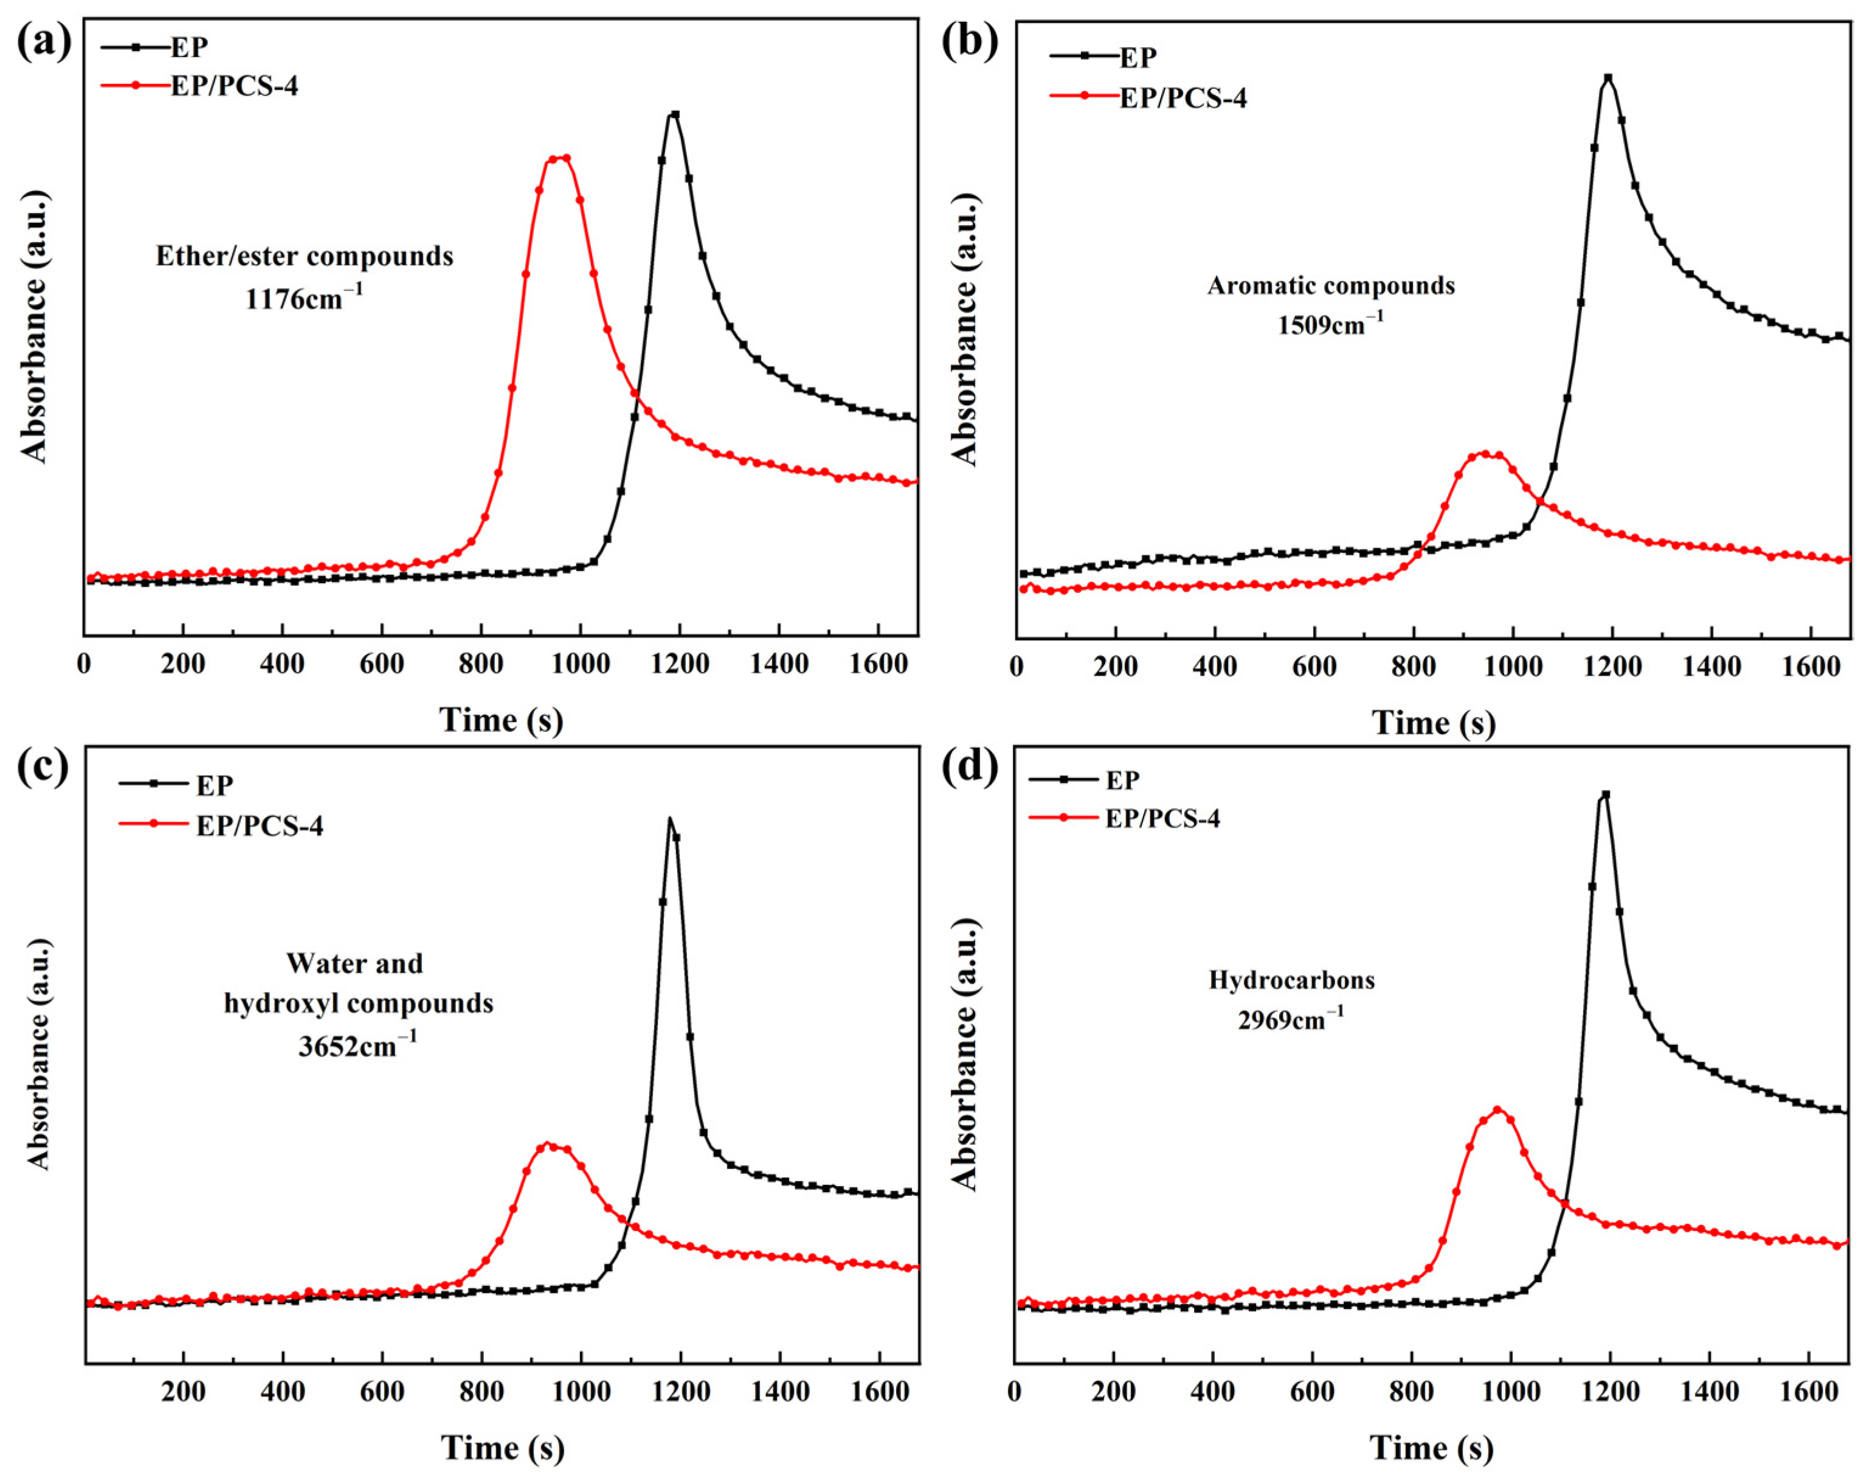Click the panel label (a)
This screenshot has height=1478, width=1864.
[x=43, y=41]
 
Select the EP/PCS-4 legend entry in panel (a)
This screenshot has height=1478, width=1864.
[x=233, y=86]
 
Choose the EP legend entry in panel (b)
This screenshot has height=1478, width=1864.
[x=1137, y=57]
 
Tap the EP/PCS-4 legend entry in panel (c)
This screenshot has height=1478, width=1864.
[x=260, y=826]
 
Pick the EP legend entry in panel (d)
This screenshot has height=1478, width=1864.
[x=1122, y=780]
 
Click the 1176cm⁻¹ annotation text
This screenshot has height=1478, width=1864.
[x=305, y=299]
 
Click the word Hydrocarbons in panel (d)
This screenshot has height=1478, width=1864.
[x=1292, y=980]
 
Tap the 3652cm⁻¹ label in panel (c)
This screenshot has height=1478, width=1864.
[x=358, y=1046]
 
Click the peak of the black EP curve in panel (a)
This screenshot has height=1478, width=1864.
[x=674, y=114]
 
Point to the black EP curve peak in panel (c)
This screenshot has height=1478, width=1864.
[x=669, y=818]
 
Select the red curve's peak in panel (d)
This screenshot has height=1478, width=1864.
[x=1497, y=1109]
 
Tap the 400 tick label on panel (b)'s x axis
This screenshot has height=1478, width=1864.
[x=1215, y=667]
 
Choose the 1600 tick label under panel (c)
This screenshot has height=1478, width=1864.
[x=879, y=1392]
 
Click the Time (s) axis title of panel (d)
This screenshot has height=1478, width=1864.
[x=1432, y=1448]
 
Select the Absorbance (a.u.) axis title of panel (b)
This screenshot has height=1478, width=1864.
[x=965, y=328]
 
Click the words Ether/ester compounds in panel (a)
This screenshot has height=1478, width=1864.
[x=305, y=257]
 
